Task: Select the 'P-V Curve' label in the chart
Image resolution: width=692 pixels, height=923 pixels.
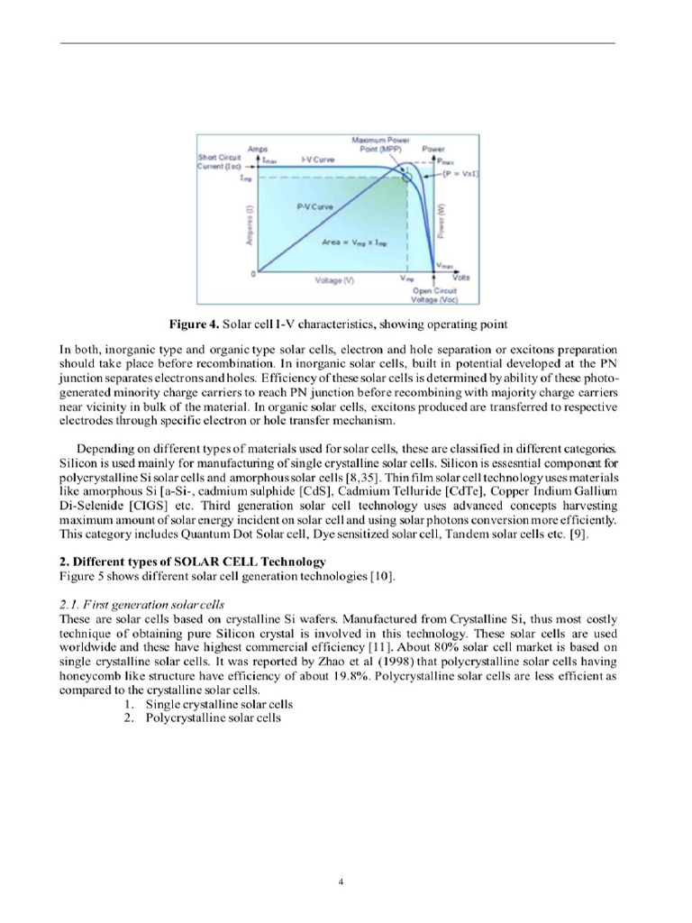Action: coord(314,206)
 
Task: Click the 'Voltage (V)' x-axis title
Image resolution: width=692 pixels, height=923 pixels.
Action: coord(334,281)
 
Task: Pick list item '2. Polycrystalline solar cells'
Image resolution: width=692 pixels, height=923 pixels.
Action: coord(203,717)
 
